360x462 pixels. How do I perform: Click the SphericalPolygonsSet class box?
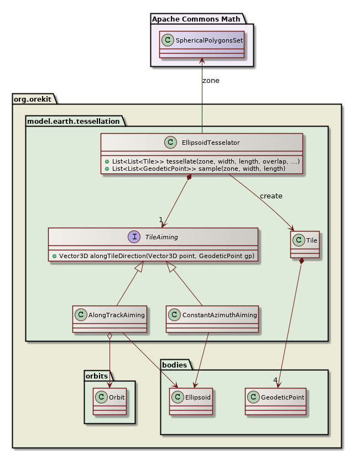pos(201,44)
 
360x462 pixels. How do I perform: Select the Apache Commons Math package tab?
pos(196,19)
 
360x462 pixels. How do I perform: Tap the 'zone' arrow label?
pos(211,80)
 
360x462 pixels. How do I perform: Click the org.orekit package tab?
pos(33,98)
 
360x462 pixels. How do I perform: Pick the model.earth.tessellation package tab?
pos(73,120)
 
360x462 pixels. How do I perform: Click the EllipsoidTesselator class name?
pos(210,142)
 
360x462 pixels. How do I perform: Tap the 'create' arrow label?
pos(271,196)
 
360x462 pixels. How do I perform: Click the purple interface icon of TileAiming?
pos(134,237)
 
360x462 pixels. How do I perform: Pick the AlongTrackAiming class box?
pos(109,319)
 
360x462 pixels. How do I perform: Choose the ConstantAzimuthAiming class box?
pos(212,319)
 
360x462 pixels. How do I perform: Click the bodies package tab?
pos(175,364)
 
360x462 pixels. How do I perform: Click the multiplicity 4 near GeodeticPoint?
pos(275,380)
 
